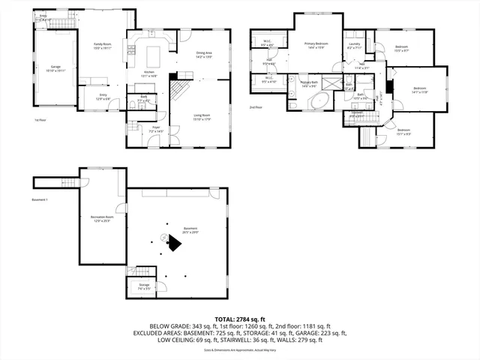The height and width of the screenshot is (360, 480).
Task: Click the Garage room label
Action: point(55,68)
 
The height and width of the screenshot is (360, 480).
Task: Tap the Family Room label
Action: point(103,46)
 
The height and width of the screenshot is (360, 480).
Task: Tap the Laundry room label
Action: point(355,46)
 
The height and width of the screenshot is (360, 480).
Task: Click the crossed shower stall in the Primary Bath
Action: point(349,84)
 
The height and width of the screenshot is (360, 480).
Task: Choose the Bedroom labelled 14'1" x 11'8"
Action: point(419,91)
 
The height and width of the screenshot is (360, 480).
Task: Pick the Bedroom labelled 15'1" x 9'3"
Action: point(403,132)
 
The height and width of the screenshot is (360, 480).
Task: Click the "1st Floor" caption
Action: point(40,119)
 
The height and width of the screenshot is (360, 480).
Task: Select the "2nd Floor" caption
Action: point(256,107)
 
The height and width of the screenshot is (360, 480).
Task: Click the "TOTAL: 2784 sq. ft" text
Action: point(239,319)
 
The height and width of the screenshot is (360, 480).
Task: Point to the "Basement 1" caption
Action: point(40,200)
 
